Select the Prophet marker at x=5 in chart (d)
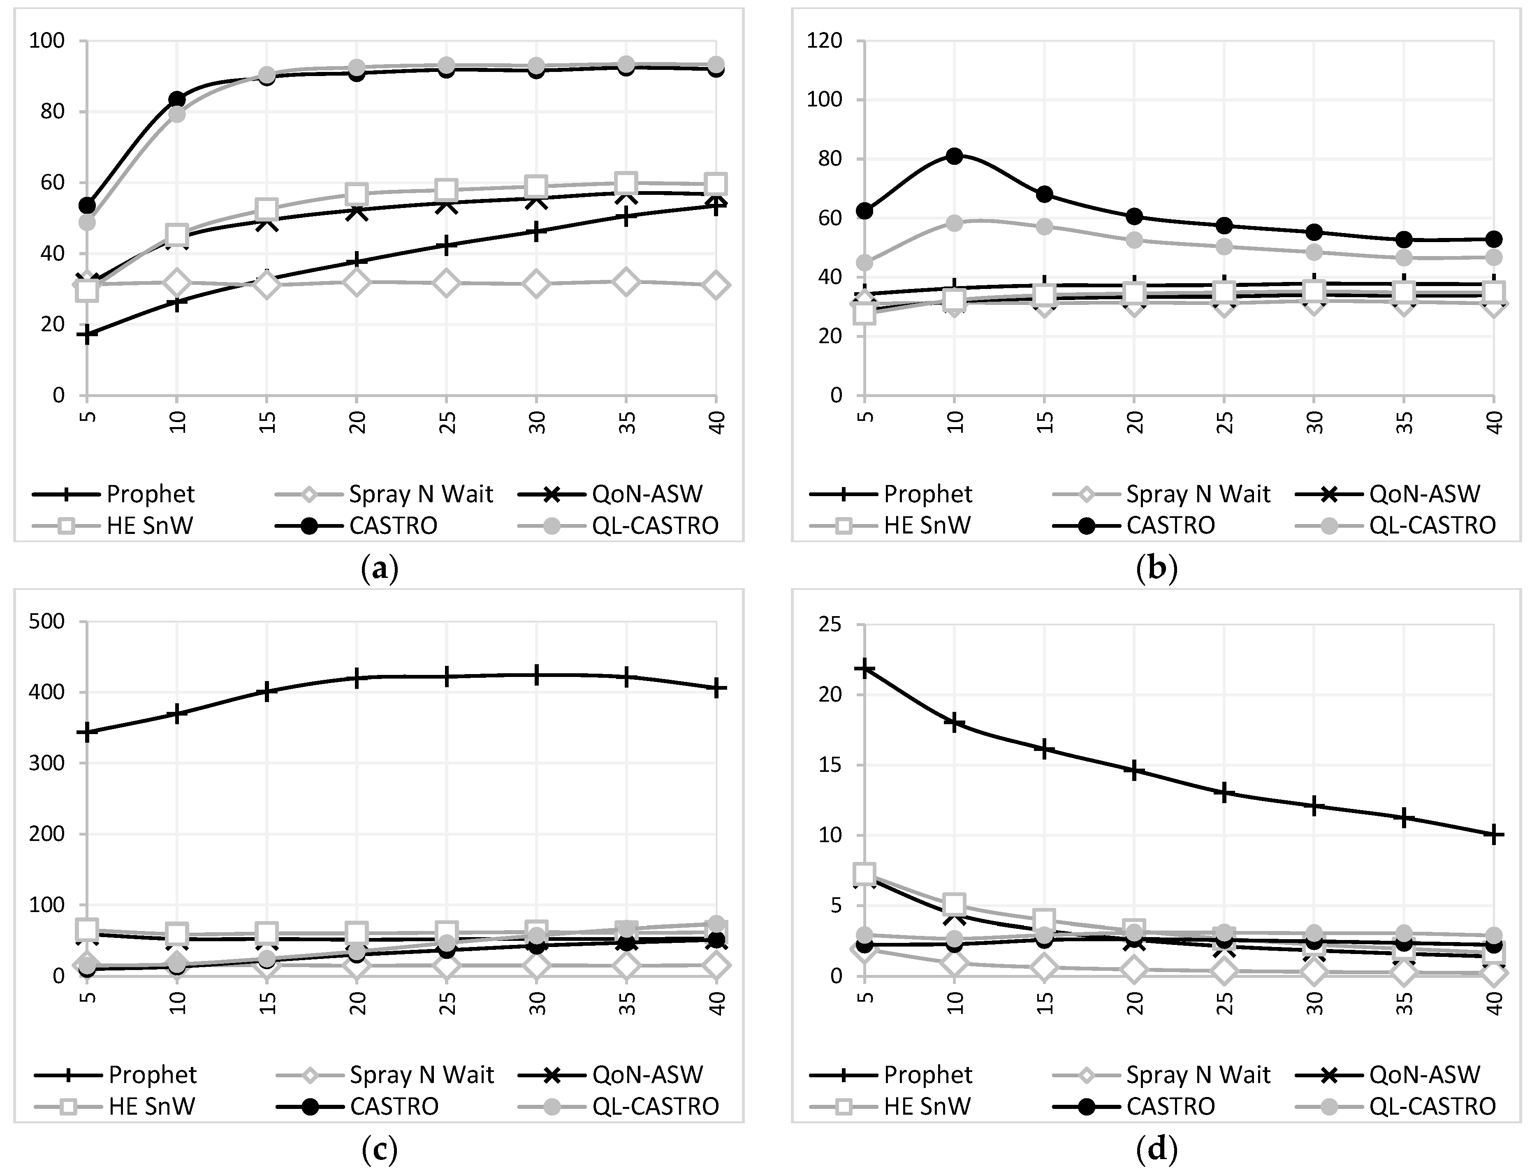tap(865, 668)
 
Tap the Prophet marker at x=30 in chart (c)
tap(536, 675)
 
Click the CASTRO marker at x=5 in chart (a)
tap(87, 205)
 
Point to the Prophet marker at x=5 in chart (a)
tap(87, 335)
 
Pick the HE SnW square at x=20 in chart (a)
tap(356, 193)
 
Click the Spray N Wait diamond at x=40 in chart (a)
tap(716, 285)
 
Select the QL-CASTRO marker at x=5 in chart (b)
tap(865, 263)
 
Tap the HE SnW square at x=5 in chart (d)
tap(865, 874)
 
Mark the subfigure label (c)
tap(380, 1150)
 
